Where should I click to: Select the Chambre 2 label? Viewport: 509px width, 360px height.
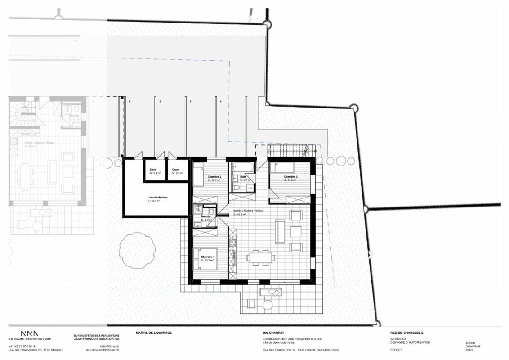pyautogui.click(x=214, y=177)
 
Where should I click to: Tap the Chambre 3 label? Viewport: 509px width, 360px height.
pyautogui.click(x=290, y=177)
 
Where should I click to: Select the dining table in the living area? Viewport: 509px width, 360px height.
pyautogui.click(x=261, y=257)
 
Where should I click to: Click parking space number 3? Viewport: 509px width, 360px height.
pyautogui.click(x=190, y=102)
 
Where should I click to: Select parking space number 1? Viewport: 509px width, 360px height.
pyautogui.click(x=129, y=102)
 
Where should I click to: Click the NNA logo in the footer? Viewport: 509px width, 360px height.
pyautogui.click(x=29, y=333)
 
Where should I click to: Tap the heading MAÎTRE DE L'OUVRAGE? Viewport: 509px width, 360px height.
pyautogui.click(x=153, y=333)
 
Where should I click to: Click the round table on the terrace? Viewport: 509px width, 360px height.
pyautogui.click(x=268, y=305)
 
